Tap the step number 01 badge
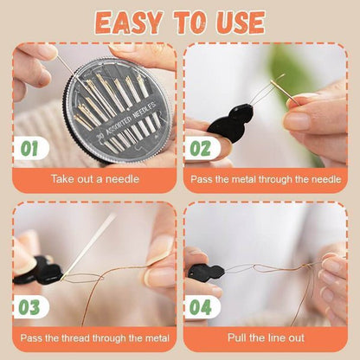tap(29, 149)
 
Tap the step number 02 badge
tap(200, 149)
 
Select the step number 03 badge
tap(29, 307)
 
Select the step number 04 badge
tap(200, 307)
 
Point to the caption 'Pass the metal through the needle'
tap(266, 180)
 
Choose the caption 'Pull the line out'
tap(266, 338)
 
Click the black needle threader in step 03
tap(39, 274)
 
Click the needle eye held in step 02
tap(276, 85)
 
